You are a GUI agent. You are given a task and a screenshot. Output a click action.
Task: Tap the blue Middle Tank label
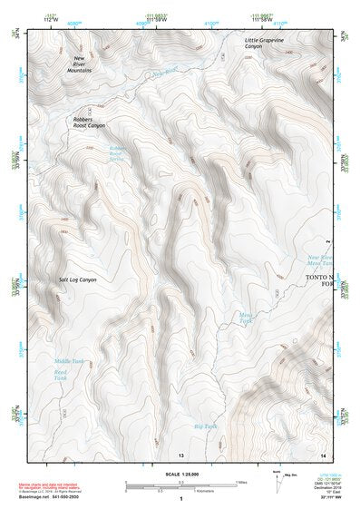coord(68,361)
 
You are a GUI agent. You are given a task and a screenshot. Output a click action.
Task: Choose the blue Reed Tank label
coord(61,375)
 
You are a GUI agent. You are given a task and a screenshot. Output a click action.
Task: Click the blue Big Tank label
coord(206,426)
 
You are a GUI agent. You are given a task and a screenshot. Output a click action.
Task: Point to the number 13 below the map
coord(181,454)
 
